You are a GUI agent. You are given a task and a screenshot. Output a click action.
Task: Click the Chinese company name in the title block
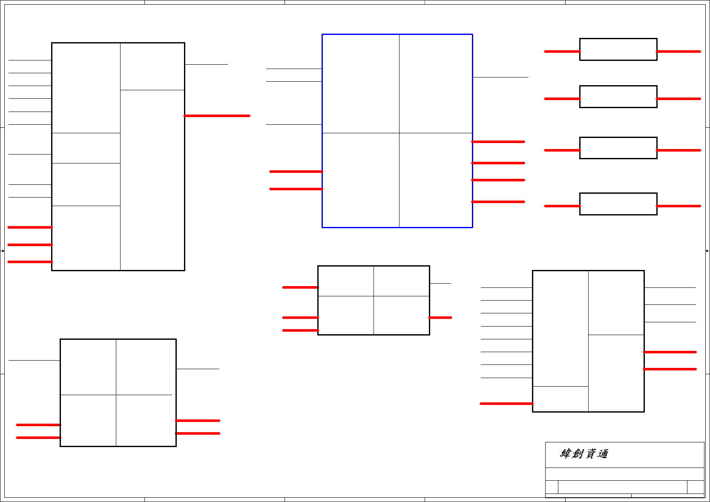pyautogui.click(x=584, y=454)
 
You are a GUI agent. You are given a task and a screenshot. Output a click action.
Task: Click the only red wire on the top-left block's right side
pyautogui.click(x=217, y=116)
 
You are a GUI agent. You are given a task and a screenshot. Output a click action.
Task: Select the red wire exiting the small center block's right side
pyautogui.click(x=440, y=318)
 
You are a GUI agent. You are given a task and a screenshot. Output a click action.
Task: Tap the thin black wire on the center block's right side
pyautogui.click(x=440, y=283)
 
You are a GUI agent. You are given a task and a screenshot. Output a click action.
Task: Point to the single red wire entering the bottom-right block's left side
pyautogui.click(x=506, y=404)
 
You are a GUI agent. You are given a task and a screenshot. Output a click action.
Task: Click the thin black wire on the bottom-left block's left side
pyautogui.click(x=34, y=360)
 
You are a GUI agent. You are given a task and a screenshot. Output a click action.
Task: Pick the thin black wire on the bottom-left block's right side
pyautogui.click(x=198, y=369)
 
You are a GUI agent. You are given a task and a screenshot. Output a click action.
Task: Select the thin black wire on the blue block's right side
pyautogui.click(x=500, y=77)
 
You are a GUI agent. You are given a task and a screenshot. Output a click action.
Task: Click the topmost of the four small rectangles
pyautogui.click(x=618, y=49)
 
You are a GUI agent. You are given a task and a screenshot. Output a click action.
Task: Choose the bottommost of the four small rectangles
pyautogui.click(x=618, y=204)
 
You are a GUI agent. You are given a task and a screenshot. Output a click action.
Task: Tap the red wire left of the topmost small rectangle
pyautogui.click(x=562, y=52)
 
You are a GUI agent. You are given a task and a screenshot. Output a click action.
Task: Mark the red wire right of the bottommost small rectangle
pyautogui.click(x=678, y=206)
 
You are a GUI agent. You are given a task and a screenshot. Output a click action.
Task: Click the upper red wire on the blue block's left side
pyautogui.click(x=296, y=172)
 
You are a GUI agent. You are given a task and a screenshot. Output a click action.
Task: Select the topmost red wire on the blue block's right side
pyautogui.click(x=498, y=142)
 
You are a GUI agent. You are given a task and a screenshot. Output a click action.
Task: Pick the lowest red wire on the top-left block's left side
pyautogui.click(x=30, y=262)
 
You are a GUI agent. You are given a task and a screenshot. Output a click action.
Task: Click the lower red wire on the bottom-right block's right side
pyautogui.click(x=670, y=369)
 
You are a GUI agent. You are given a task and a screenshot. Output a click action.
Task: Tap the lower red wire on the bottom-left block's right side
pyautogui.click(x=198, y=433)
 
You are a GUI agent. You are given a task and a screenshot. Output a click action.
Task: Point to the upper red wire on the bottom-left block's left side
pyautogui.click(x=38, y=425)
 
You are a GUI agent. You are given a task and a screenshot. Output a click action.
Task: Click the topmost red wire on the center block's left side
pyautogui.click(x=300, y=287)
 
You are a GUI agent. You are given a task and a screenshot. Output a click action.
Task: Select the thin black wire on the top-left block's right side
pyautogui.click(x=206, y=64)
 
